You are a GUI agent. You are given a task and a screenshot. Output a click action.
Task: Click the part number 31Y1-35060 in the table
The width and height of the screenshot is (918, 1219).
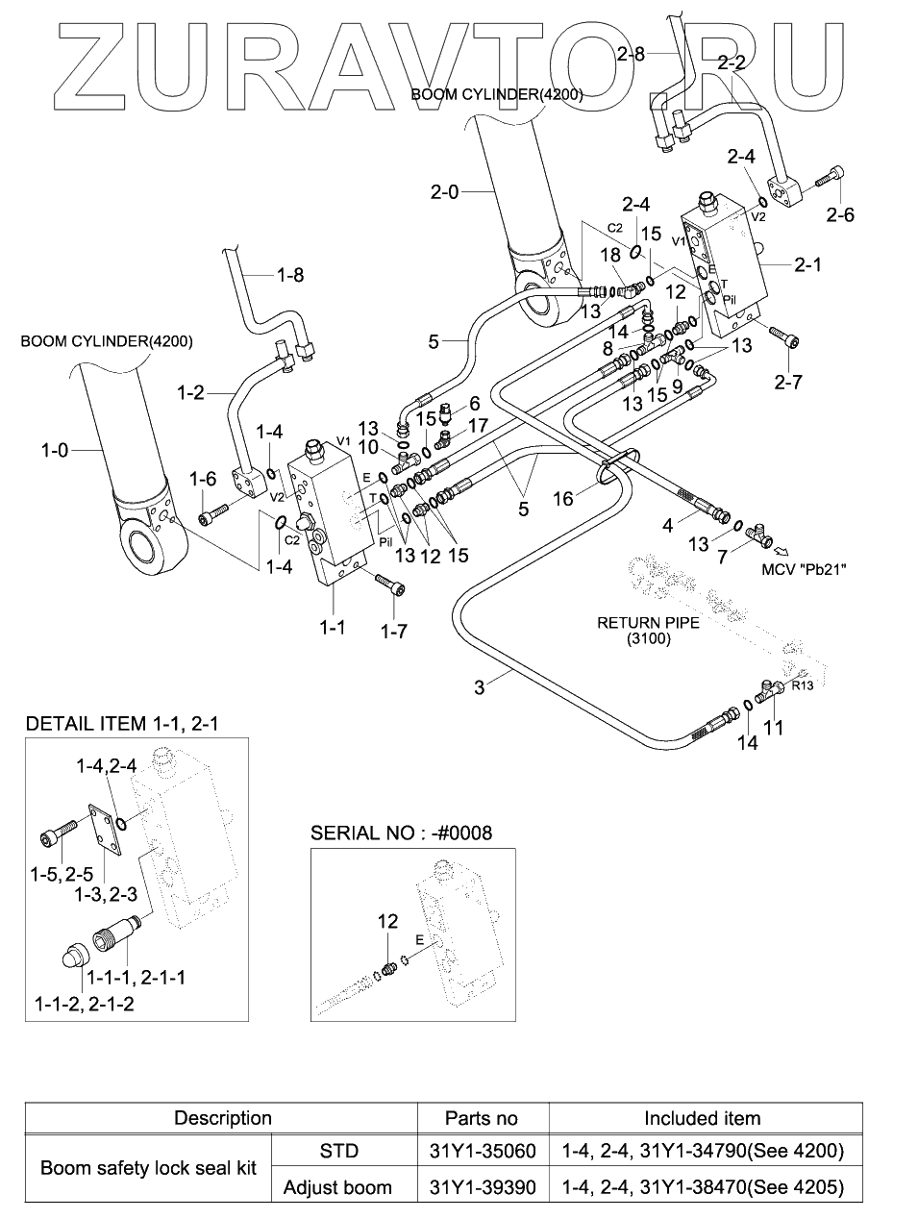click(482, 1151)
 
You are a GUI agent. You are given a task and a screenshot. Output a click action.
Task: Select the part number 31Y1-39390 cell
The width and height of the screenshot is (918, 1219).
click(482, 1187)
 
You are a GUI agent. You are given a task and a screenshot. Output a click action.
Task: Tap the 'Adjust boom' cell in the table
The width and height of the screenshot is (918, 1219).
click(337, 1187)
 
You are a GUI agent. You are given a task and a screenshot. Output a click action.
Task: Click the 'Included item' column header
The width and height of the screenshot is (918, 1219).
click(702, 1118)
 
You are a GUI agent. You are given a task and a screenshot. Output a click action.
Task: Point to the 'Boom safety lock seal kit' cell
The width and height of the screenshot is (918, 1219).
click(149, 1169)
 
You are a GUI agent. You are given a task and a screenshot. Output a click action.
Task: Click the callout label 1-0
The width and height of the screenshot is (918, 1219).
click(55, 449)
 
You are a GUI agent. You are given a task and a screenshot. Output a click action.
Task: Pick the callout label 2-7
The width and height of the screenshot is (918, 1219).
click(787, 382)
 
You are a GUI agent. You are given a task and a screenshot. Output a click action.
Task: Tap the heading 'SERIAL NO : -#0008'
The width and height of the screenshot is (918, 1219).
click(401, 833)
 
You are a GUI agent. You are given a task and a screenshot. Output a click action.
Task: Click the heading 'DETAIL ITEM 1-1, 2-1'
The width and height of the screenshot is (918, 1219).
click(122, 723)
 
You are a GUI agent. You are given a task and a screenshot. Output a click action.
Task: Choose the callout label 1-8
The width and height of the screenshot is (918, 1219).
click(289, 275)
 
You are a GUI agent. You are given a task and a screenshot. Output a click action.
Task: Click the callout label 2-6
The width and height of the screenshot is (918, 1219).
click(839, 214)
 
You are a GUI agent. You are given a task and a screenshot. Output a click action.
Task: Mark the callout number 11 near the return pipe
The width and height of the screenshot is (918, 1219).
click(772, 728)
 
